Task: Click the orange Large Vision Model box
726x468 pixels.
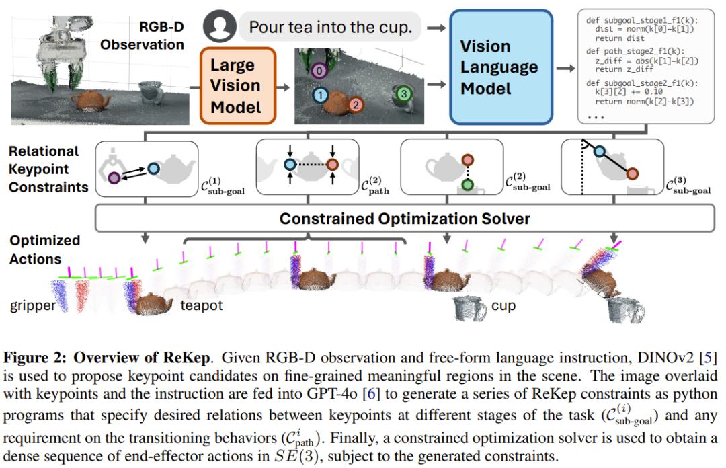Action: pos(238,86)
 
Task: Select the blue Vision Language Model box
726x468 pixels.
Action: pos(501,68)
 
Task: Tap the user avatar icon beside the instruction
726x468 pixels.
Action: pos(219,26)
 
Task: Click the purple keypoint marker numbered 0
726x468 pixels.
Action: pos(319,71)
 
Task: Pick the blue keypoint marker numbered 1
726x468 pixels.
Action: pos(320,95)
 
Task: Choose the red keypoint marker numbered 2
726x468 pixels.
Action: pos(356,105)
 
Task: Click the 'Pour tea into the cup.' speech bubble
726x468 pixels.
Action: pos(331,27)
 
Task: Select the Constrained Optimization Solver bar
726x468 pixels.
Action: pos(405,219)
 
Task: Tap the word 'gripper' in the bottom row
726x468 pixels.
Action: pos(33,306)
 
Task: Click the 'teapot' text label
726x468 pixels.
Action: pos(202,305)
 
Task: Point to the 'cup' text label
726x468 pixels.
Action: pos(503,306)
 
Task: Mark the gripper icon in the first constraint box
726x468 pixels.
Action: pos(111,165)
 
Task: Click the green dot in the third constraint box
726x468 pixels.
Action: pos(468,186)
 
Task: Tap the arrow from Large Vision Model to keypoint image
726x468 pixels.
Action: pos(283,87)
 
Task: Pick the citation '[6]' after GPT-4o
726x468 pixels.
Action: pos(370,394)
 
